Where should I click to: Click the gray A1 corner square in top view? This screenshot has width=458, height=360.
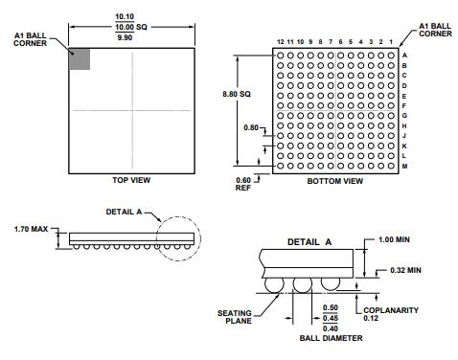pyautogui.click(x=80, y=58)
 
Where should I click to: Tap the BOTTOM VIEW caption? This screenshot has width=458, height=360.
pyautogui.click(x=334, y=180)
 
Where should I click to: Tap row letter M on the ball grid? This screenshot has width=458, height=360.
pyautogui.click(x=405, y=166)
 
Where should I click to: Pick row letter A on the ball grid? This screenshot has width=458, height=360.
pyautogui.click(x=405, y=55)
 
